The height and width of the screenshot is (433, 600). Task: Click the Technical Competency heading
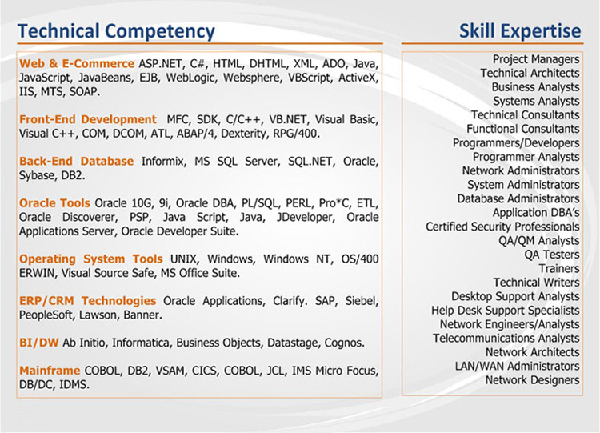pos(116,32)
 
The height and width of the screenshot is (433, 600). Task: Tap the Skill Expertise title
pos(520,31)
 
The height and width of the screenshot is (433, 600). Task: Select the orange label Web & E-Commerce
pos(77,63)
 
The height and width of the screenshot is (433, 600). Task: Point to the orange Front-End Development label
pos(88,119)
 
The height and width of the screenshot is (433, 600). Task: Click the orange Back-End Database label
pos(76,161)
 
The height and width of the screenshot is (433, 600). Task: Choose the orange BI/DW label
pos(38,343)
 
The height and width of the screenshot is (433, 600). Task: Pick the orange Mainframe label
pos(50,371)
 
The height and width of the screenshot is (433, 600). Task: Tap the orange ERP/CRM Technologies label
pos(88,300)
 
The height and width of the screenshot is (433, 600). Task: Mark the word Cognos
pos(344,343)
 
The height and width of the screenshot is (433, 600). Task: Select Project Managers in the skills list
pos(536,59)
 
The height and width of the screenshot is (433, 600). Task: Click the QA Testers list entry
pos(552,255)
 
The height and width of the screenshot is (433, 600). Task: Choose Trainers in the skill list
pos(559,268)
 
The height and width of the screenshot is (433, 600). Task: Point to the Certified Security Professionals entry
pos(503,227)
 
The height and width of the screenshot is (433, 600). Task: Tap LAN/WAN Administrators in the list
pos(518,366)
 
